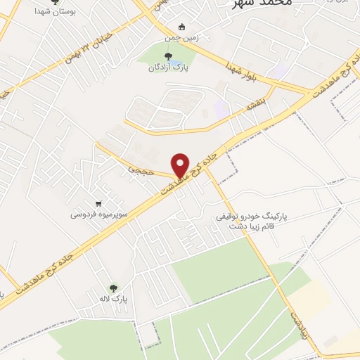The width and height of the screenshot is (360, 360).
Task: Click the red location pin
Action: (x=181, y=165)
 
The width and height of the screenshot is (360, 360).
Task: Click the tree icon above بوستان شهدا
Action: (x=55, y=2)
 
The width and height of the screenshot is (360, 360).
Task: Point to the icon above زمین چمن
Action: (x=181, y=27)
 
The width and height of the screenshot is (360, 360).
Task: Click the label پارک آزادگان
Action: (x=168, y=68)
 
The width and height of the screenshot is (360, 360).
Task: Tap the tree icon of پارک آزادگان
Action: (x=168, y=57)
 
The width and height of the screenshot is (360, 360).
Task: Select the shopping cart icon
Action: (x=98, y=202)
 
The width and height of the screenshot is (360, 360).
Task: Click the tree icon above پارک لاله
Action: (x=113, y=287)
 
